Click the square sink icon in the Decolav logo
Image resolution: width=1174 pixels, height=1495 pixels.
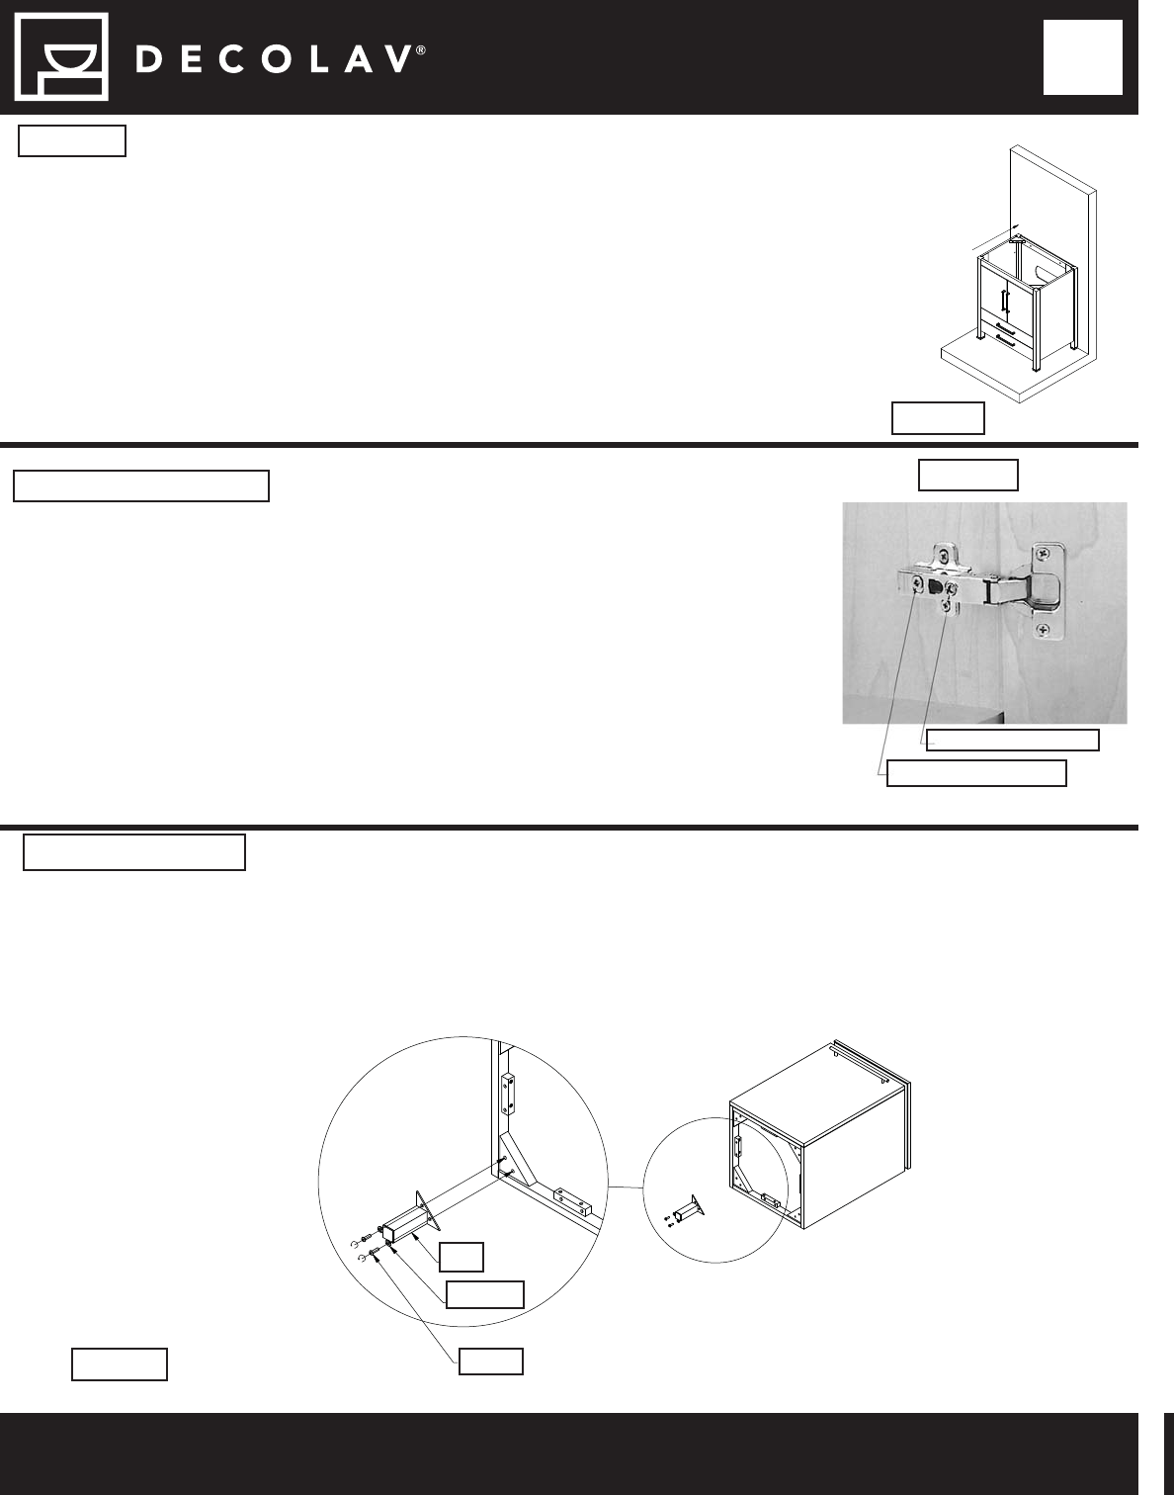pyautogui.click(x=62, y=57)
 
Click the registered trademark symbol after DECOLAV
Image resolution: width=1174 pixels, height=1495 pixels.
pyautogui.click(x=421, y=50)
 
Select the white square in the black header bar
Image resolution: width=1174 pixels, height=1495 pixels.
pyautogui.click(x=1082, y=57)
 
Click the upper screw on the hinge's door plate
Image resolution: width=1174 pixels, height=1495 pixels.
pyautogui.click(x=1046, y=552)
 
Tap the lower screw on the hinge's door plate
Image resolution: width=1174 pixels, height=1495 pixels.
pyautogui.click(x=1045, y=629)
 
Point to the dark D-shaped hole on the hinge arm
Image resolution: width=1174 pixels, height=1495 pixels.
pyautogui.click(x=935, y=586)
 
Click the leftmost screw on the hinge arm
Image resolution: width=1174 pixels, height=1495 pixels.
pyautogui.click(x=917, y=584)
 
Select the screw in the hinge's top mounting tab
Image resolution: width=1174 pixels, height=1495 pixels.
pyautogui.click(x=946, y=553)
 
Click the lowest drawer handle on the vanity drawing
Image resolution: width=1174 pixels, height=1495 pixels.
pyautogui.click(x=1006, y=339)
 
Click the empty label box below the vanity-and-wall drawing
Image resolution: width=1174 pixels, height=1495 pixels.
pyautogui.click(x=938, y=418)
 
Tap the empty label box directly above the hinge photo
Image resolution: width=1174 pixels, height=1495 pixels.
pyautogui.click(x=967, y=475)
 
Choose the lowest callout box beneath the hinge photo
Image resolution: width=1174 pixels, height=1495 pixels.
pyautogui.click(x=976, y=773)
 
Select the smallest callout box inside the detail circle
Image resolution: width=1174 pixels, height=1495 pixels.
pyautogui.click(x=461, y=1257)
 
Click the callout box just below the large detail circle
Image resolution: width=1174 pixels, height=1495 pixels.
pyautogui.click(x=491, y=1362)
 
